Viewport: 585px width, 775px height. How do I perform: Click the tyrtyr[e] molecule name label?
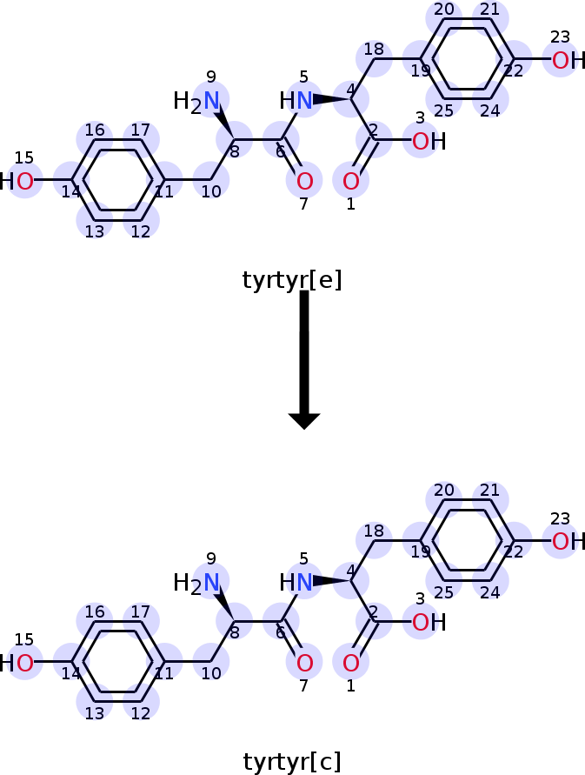[x=292, y=280]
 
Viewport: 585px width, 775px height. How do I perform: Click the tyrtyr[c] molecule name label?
[x=292, y=762]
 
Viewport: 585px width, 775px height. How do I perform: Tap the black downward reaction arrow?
[x=304, y=360]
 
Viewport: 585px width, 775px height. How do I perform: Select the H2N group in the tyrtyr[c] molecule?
[x=196, y=584]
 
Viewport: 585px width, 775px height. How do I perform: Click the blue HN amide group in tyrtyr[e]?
[x=296, y=101]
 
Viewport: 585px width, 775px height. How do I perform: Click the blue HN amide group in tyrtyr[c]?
[x=296, y=582]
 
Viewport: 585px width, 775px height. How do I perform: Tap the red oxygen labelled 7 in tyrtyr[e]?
[x=305, y=182]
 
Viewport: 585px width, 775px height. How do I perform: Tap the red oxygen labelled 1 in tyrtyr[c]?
[x=351, y=663]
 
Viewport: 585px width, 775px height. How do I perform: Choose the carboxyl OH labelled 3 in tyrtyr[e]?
[x=429, y=142]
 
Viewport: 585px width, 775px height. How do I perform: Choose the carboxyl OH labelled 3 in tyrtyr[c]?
[x=429, y=623]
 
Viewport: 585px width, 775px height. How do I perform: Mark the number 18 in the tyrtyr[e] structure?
[x=374, y=49]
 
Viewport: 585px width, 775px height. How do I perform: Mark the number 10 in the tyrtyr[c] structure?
[x=211, y=673]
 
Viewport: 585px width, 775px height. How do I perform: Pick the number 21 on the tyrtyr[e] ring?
[x=489, y=10]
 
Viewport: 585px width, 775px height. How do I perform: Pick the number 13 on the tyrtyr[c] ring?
[x=95, y=713]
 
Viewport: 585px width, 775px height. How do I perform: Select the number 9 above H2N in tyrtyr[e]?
[x=211, y=77]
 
